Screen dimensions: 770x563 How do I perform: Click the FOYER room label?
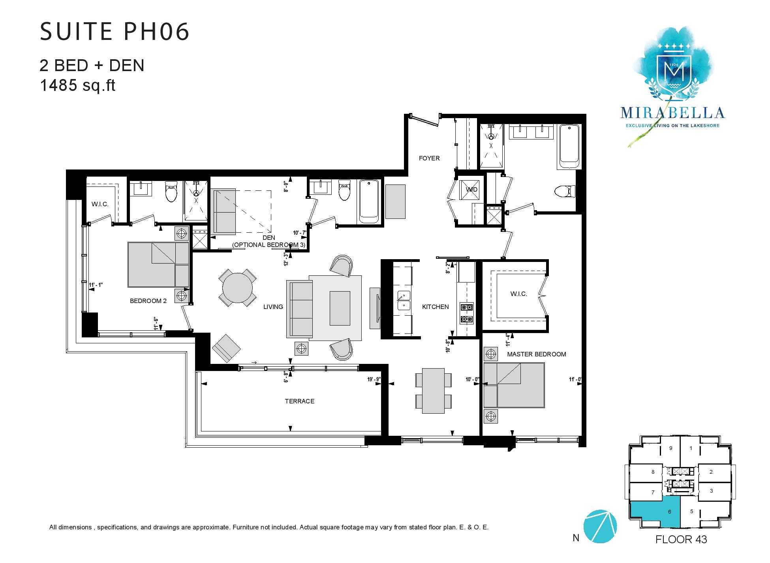click(429, 158)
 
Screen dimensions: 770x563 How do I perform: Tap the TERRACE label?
click(300, 401)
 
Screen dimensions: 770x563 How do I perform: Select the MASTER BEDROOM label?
click(536, 354)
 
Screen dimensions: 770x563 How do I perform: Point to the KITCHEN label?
click(435, 307)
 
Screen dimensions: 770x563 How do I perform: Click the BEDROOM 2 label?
click(148, 301)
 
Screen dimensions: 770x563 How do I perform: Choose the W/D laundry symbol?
click(471, 189)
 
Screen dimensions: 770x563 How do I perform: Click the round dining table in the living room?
click(238, 288)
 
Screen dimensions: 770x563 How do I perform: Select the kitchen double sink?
click(404, 301)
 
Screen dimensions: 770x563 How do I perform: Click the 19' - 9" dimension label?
click(373, 379)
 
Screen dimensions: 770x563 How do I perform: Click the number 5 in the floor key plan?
click(691, 511)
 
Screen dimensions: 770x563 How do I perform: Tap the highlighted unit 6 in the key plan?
click(670, 512)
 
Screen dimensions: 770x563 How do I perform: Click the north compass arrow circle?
click(600, 526)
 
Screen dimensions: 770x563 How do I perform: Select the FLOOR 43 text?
click(681, 539)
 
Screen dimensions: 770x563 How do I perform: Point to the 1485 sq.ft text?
click(77, 85)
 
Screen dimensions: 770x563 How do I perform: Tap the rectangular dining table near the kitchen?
click(433, 390)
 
